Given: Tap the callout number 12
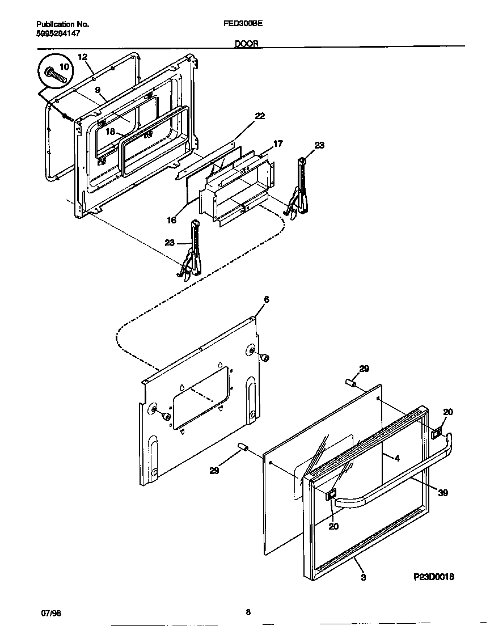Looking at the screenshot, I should point(82,57).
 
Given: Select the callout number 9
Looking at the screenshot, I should point(98,90).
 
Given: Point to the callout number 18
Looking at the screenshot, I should point(111,132).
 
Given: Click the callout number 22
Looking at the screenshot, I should point(260,116).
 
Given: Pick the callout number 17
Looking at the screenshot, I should point(278,144).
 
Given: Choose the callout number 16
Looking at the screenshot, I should point(172,220).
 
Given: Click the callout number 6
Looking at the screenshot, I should point(266,299).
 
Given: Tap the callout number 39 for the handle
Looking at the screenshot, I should point(443,493).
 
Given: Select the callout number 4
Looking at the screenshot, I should point(397,458).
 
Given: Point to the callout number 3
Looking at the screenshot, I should point(362,578).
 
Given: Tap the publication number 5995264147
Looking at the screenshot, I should point(58,34).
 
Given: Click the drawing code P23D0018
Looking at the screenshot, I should point(433,577).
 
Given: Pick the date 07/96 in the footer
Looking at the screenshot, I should point(51,614).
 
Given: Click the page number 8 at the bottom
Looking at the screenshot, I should point(248,612).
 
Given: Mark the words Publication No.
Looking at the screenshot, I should point(62,25).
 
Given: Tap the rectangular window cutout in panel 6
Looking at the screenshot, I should point(201,397).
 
